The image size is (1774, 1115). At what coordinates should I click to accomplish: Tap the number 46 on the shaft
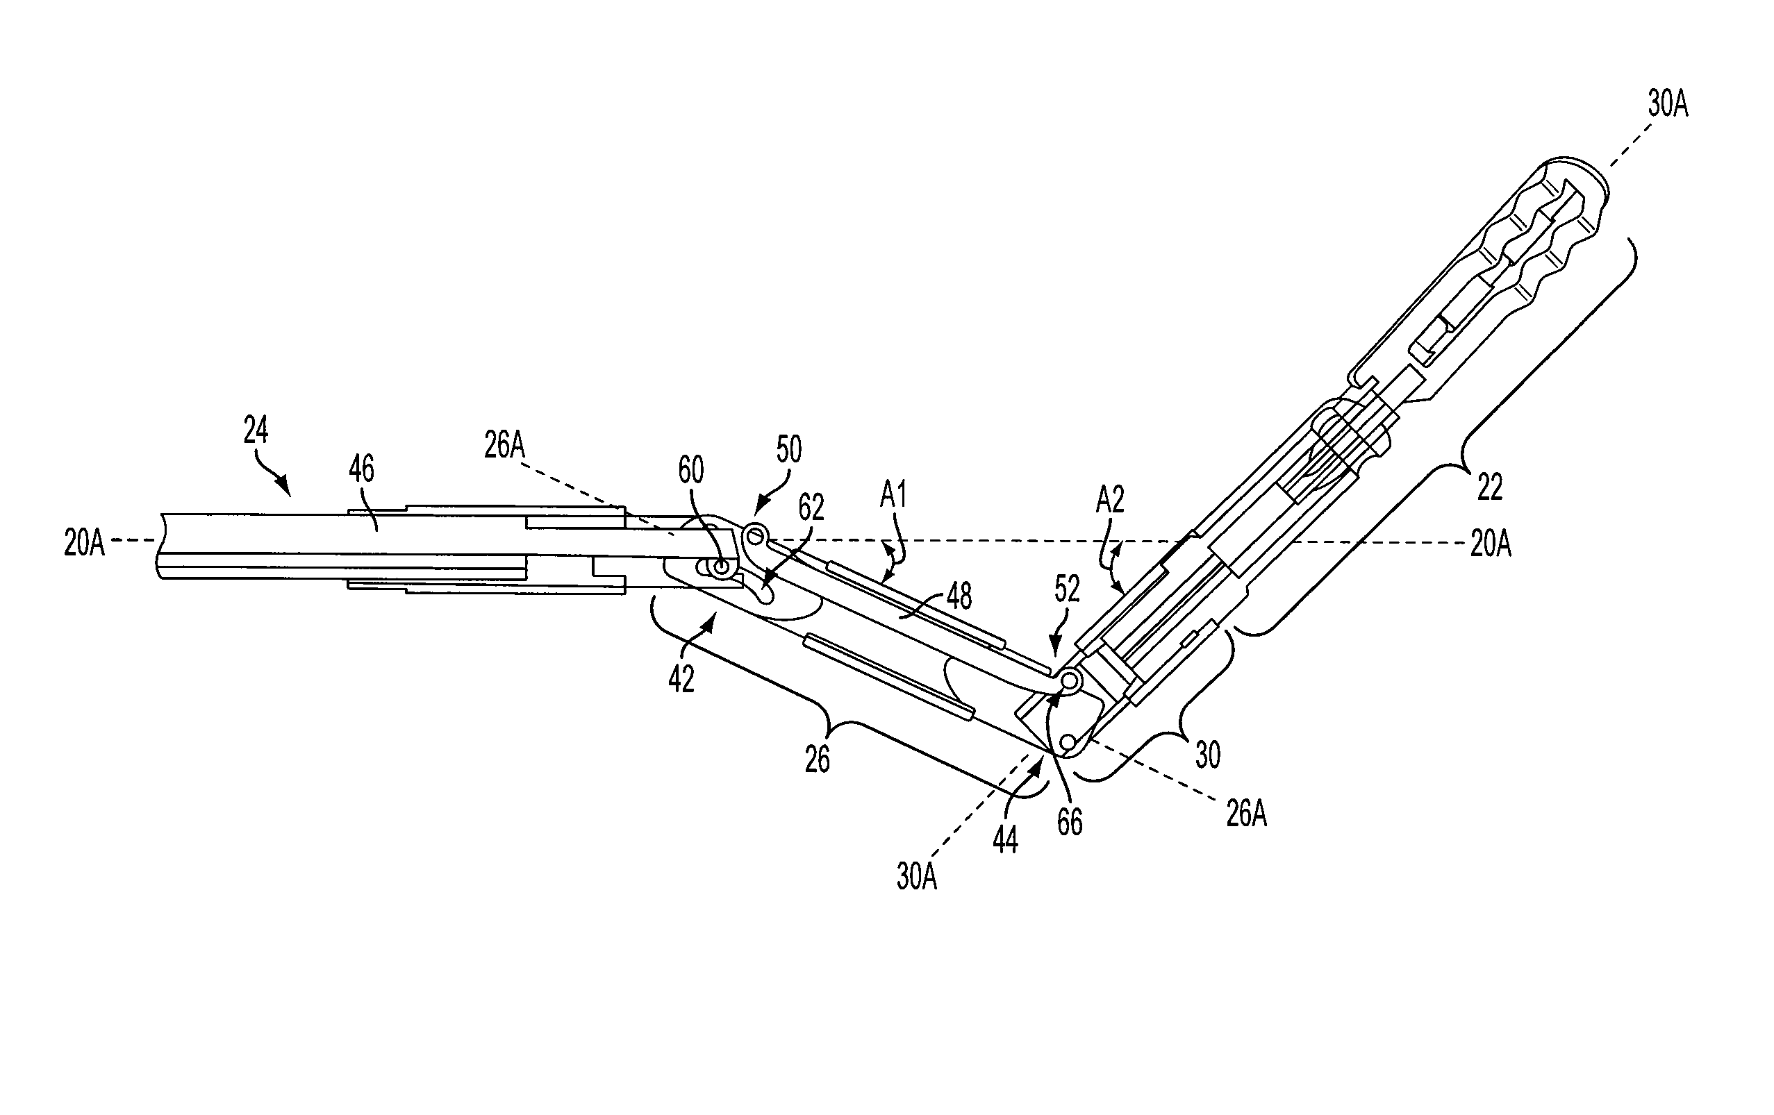(362, 469)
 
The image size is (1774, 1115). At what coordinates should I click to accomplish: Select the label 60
(691, 470)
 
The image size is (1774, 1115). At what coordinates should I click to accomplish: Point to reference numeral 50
(789, 449)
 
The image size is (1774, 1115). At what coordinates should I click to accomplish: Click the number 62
(811, 508)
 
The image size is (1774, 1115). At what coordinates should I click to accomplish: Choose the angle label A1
(893, 496)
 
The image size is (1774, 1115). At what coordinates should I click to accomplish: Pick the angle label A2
(1110, 500)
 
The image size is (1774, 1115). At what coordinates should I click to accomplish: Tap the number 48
(959, 596)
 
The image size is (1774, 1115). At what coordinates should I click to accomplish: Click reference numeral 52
(1067, 589)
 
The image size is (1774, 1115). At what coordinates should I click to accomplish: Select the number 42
(681, 680)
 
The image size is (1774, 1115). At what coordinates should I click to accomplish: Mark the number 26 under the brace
(818, 760)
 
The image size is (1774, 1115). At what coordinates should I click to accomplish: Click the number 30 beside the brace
(1207, 755)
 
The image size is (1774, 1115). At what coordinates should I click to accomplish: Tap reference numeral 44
(1005, 840)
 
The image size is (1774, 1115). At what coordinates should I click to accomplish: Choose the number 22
(1490, 487)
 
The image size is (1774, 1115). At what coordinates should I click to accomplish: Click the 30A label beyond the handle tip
(1668, 106)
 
